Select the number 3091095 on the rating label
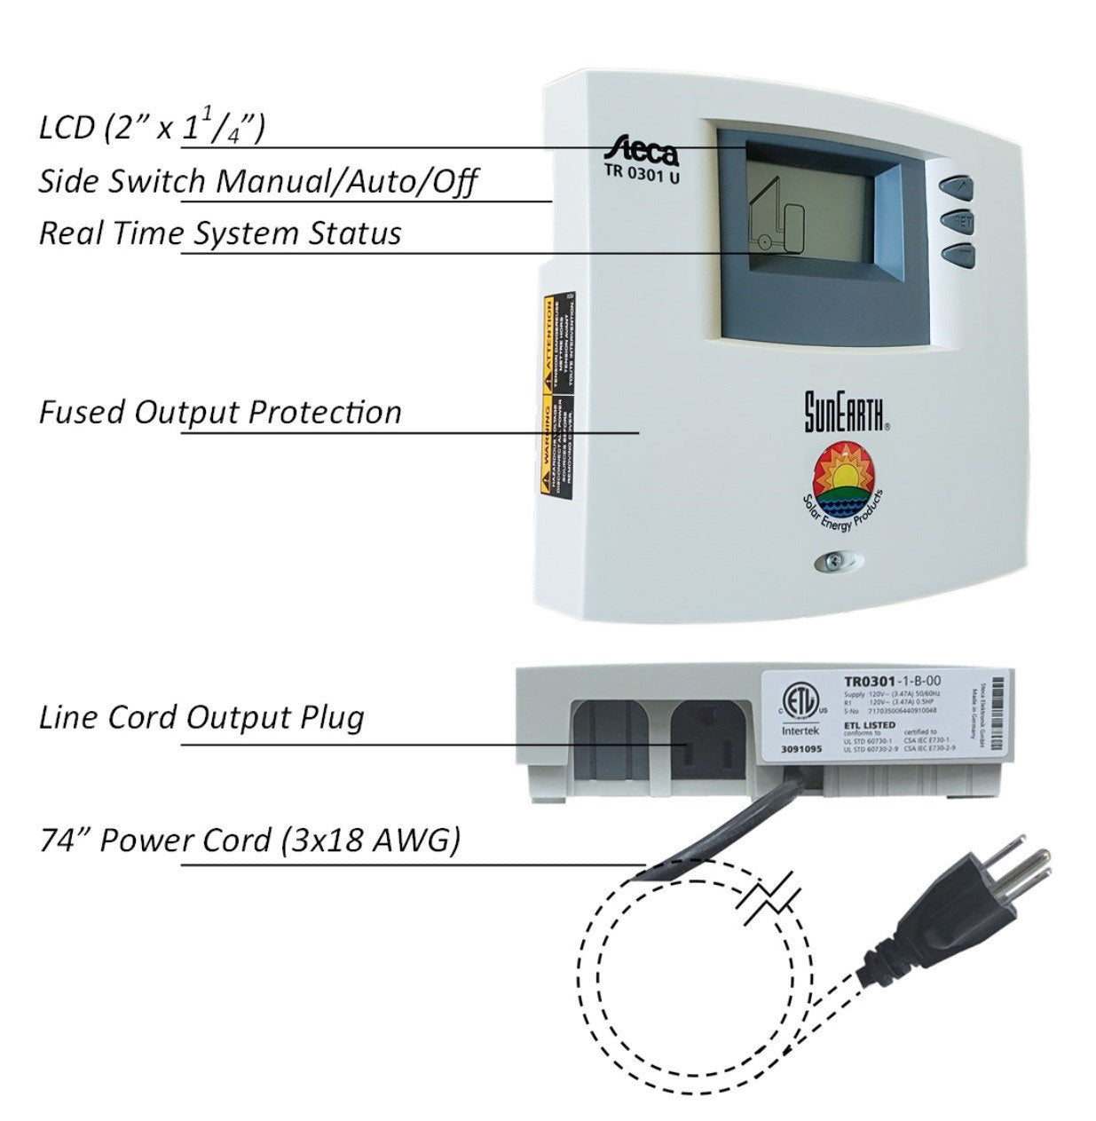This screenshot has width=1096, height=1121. click(x=800, y=749)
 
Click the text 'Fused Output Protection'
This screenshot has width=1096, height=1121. click(x=220, y=412)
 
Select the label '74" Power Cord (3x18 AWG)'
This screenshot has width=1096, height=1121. click(x=249, y=840)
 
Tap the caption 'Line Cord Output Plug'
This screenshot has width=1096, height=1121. click(x=202, y=717)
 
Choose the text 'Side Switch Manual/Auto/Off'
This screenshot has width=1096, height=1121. click(x=258, y=181)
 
